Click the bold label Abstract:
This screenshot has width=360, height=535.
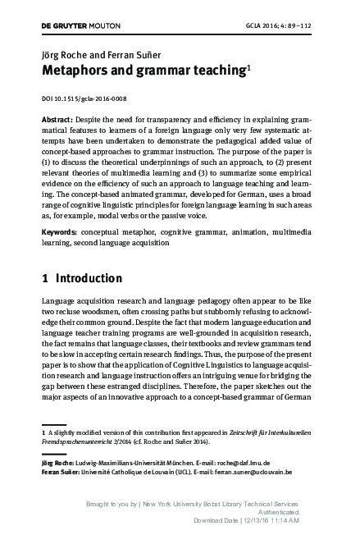(x=61, y=119)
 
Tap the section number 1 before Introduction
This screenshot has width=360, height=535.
(x=45, y=277)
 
